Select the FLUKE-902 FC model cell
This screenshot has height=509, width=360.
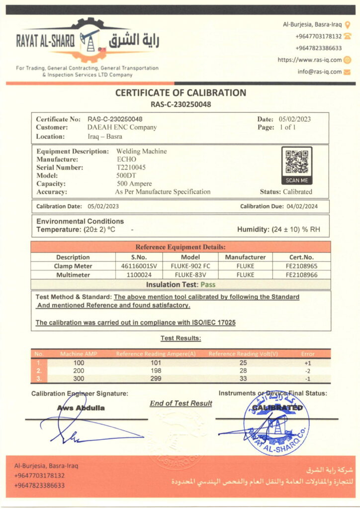coord(190,266)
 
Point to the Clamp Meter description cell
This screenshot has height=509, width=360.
coord(73,266)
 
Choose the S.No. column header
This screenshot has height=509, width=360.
coord(139,257)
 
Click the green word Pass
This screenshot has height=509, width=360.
coord(207,285)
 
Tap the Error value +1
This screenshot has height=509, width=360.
coord(308,363)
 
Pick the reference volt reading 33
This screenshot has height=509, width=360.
coord(243,379)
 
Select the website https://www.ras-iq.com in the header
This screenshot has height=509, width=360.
coord(309,60)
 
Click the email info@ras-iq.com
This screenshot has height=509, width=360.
coord(320,72)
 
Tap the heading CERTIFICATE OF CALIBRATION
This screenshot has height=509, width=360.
coord(180,93)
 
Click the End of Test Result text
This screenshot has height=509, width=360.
coord(181,404)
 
